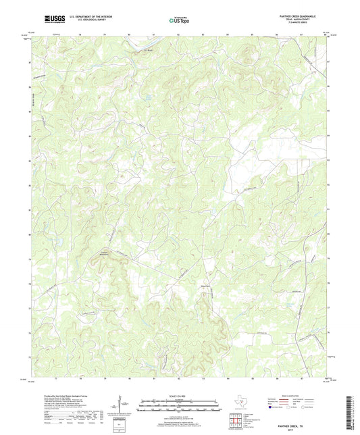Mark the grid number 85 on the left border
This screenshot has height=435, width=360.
pyautogui.click(x=28, y=110)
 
